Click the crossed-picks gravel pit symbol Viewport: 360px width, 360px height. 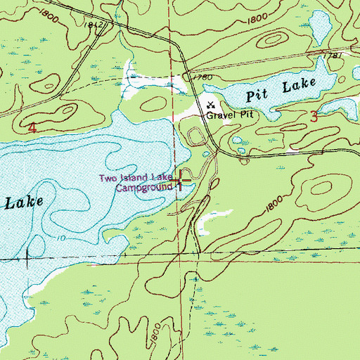pos(210,103)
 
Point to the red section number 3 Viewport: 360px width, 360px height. pos(313,118)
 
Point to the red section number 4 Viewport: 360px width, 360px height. pos(32,128)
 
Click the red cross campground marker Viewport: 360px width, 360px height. pos(181,181)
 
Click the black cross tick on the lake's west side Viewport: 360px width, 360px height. pos(27,258)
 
